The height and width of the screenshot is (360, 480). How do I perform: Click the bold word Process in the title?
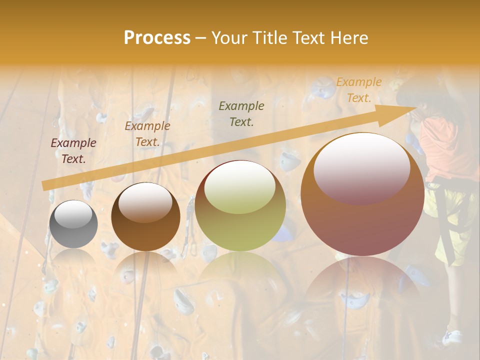point(157,38)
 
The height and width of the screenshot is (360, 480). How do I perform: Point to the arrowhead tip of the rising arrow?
point(415,107)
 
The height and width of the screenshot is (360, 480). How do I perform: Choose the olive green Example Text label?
point(241,113)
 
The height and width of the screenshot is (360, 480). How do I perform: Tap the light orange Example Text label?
point(358,90)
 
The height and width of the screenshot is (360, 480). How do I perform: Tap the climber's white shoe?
point(452,337)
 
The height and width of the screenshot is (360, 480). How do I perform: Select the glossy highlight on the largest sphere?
point(361,167)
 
